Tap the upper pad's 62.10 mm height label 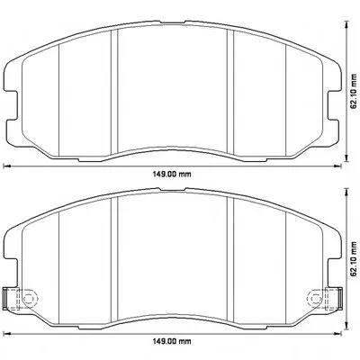pyautogui.click(x=355, y=91)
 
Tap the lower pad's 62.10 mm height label pyautogui.click(x=355, y=258)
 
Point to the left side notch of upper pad pyautogui.click(x=12, y=105)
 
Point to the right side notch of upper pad pyautogui.click(x=334, y=105)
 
